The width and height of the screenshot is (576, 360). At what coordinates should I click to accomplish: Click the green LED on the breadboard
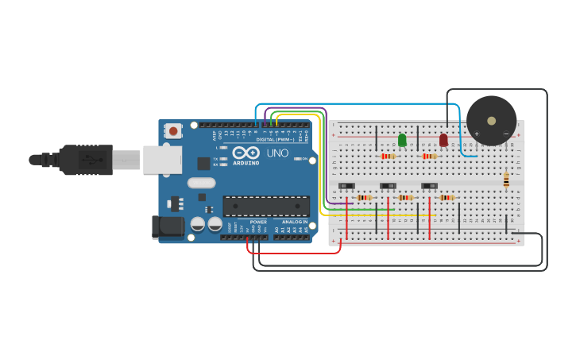click(x=402, y=141)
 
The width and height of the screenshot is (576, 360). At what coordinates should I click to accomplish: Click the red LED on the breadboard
click(x=443, y=141)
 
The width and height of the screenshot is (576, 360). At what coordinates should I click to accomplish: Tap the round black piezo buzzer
click(x=491, y=120)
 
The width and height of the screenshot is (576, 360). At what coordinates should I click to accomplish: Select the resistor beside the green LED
click(x=388, y=157)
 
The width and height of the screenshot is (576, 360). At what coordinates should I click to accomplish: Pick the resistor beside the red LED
click(x=429, y=157)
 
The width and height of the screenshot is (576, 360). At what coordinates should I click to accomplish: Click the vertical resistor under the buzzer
click(x=506, y=180)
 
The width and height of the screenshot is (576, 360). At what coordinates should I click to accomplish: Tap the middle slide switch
click(x=389, y=186)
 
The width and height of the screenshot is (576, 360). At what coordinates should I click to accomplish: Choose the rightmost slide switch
click(x=430, y=186)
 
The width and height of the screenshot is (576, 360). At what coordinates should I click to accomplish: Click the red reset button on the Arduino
click(x=173, y=131)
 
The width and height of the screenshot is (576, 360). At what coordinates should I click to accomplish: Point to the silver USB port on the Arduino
click(x=162, y=159)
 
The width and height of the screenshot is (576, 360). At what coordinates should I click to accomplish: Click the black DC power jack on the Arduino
click(x=168, y=226)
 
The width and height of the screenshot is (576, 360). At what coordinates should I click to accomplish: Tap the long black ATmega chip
click(x=266, y=206)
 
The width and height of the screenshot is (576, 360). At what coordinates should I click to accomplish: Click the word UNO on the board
click(x=277, y=153)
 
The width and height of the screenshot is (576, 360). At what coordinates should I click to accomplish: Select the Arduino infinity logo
click(x=246, y=153)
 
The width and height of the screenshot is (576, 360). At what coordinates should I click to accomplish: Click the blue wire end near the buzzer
click(x=474, y=156)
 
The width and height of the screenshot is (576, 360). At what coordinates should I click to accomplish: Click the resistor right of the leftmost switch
click(x=365, y=197)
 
